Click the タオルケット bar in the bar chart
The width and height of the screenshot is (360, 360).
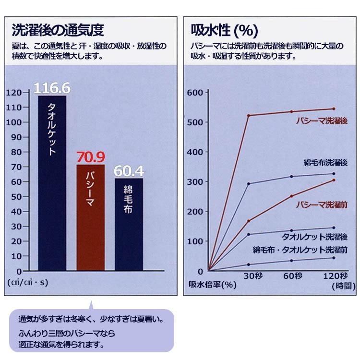point(52,182)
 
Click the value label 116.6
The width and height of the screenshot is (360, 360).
point(52,88)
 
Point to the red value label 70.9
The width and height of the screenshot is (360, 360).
point(90,157)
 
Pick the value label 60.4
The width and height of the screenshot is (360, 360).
point(129,171)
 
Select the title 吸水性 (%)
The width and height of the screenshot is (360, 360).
point(225,30)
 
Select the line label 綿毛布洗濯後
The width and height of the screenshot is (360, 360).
point(325,163)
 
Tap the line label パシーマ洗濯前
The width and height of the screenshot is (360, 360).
point(322,204)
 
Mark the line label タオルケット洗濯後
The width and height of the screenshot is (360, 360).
point(321,237)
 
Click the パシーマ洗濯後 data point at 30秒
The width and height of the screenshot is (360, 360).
point(249,115)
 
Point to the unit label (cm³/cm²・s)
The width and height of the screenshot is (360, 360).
point(28,282)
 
